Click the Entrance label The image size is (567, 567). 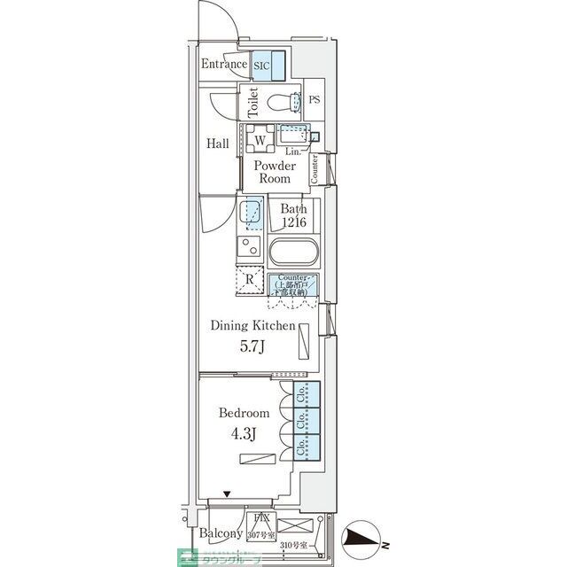223,65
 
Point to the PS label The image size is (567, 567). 315,99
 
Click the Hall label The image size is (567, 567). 218,144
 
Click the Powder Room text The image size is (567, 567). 274,172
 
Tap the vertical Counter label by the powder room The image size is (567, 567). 315,169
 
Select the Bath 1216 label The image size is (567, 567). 293,215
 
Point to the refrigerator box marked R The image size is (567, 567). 251,281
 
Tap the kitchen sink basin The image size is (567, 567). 251,211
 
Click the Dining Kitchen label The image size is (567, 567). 252,326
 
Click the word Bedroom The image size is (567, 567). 244,414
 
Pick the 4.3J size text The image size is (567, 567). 243,434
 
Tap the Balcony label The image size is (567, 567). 221,533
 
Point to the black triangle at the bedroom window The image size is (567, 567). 228,494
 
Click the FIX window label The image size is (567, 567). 261,518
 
